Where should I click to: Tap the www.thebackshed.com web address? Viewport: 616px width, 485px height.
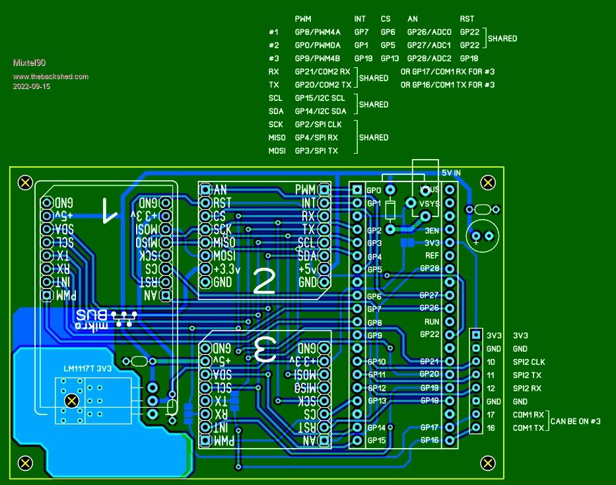click(x=50, y=77)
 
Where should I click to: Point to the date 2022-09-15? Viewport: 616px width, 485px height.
click(x=32, y=86)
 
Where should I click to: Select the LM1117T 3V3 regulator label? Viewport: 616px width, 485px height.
click(x=88, y=368)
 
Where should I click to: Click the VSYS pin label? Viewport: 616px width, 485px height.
click(x=430, y=204)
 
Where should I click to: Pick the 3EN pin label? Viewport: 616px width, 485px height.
click(x=432, y=231)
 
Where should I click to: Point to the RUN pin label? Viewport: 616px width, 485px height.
click(x=432, y=322)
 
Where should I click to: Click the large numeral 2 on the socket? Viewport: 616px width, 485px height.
click(x=264, y=282)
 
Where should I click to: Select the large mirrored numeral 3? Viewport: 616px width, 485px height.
click(x=264, y=348)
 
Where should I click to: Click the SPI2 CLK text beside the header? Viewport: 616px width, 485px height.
click(x=529, y=362)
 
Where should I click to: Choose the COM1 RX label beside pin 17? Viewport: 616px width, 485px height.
click(x=529, y=415)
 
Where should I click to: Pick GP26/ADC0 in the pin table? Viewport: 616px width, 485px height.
click(x=429, y=32)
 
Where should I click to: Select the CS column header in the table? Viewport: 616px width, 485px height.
click(x=386, y=19)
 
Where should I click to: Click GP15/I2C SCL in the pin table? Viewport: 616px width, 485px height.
click(x=320, y=98)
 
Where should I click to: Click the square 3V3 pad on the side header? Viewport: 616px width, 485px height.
click(x=476, y=335)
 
